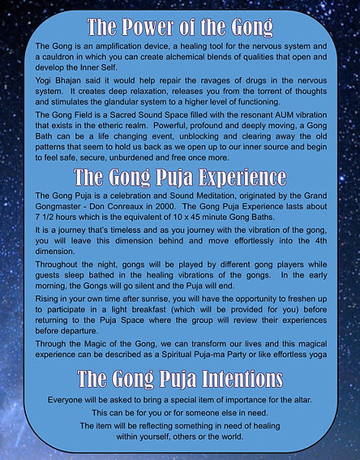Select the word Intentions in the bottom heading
[238, 379]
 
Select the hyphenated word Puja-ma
[243, 355]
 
